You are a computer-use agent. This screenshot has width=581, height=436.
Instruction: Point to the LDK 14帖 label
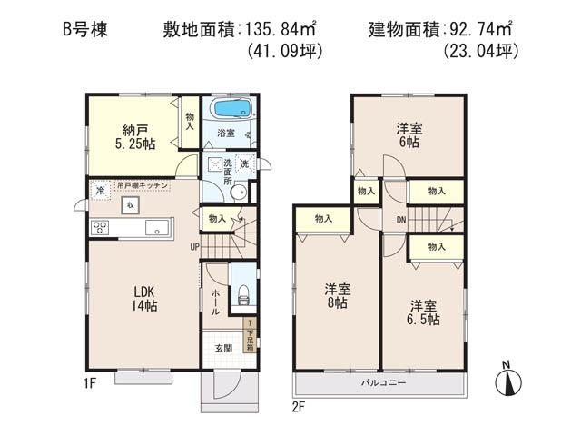click(x=146, y=297)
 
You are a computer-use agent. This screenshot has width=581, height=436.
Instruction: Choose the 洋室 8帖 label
click(x=339, y=296)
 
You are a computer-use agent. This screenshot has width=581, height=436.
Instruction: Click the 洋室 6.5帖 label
click(x=424, y=312)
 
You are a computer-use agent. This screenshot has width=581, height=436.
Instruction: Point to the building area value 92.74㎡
click(x=487, y=29)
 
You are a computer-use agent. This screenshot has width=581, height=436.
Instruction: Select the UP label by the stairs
click(x=194, y=246)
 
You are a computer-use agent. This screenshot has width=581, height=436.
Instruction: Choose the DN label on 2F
click(x=400, y=220)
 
